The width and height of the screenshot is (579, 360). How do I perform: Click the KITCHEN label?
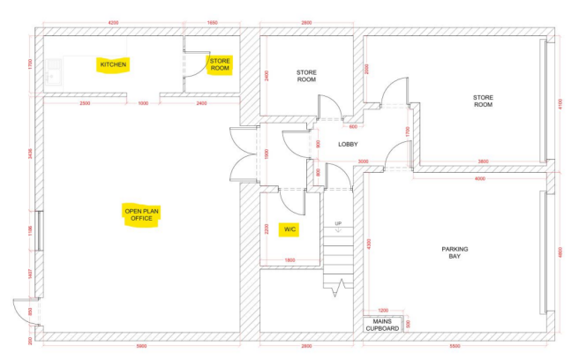(113, 65)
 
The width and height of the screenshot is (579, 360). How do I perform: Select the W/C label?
(289, 229)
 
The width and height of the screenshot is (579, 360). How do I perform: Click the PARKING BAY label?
(455, 253)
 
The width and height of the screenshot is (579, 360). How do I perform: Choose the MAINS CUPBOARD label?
(382, 325)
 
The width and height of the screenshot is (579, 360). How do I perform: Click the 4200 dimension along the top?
(113, 22)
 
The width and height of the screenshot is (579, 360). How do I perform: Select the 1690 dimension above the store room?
(212, 22)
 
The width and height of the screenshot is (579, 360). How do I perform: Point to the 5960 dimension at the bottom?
(140, 347)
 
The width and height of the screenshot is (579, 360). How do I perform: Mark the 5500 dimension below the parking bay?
(454, 347)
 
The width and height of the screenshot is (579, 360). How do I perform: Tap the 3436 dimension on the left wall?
(30, 152)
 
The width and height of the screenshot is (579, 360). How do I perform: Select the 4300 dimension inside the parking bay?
(370, 243)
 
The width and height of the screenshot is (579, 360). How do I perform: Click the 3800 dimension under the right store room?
(483, 161)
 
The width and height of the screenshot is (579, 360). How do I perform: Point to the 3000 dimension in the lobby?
(363, 161)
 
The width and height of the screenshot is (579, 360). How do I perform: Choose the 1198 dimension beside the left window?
(30, 231)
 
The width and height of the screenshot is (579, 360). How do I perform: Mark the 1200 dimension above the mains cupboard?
(383, 311)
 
